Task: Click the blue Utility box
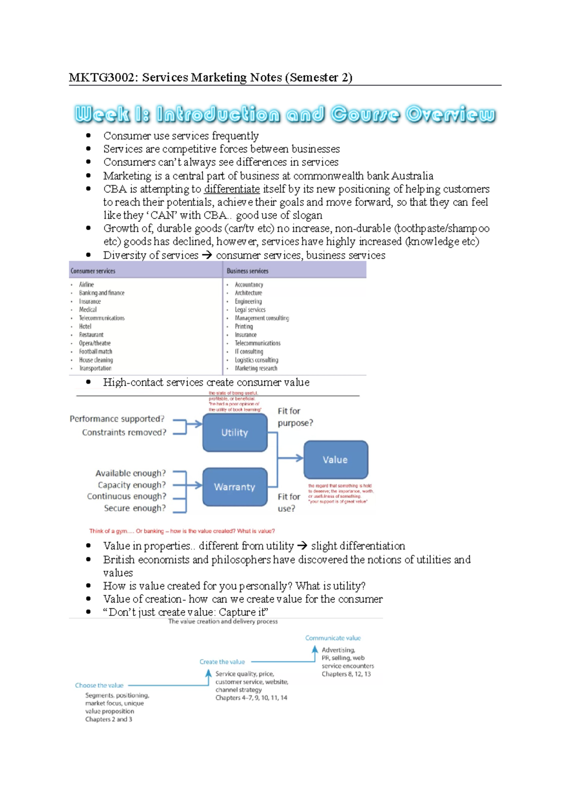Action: coord(235,432)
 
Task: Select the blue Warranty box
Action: coord(235,487)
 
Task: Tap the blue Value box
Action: coord(335,460)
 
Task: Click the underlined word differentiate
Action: coord(232,189)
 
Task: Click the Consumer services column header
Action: coord(93,271)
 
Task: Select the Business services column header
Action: coord(247,271)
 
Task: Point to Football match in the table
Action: coord(95,352)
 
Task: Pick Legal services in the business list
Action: coord(250,310)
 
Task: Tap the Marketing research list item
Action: coord(256,368)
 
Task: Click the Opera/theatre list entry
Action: coord(95,343)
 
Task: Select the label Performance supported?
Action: coord(117,419)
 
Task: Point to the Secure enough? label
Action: coord(135,508)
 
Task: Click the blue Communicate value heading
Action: coord(332,638)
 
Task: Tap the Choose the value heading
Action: coord(99,685)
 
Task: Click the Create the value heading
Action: coord(222,662)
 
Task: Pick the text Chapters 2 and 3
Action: coord(109,719)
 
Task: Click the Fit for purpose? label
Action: coord(294,417)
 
